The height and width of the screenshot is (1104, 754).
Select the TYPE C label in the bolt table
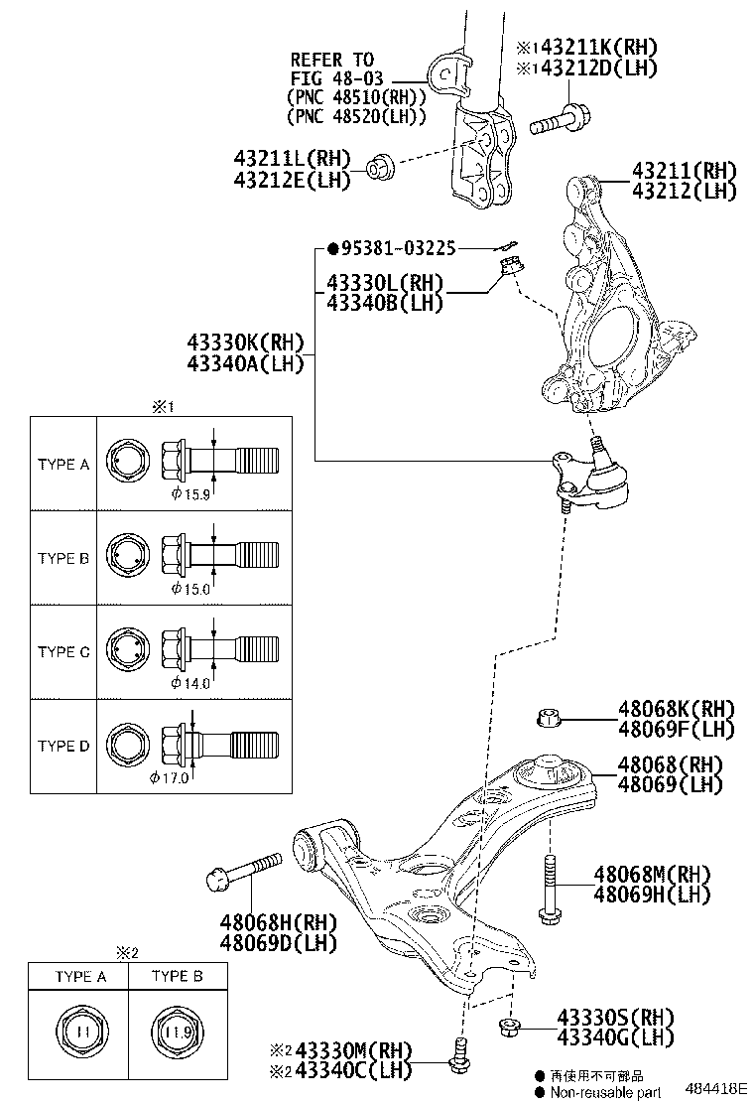63,652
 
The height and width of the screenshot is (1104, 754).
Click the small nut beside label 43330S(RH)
508,1027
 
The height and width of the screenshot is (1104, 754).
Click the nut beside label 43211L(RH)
380,168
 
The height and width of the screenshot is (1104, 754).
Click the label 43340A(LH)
243,363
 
